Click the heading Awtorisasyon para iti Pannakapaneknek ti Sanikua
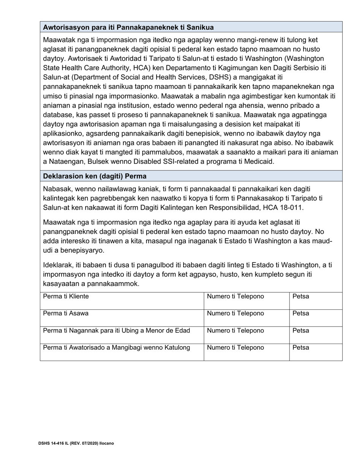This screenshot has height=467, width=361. click(128, 27)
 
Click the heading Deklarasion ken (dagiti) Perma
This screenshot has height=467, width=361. click(95, 176)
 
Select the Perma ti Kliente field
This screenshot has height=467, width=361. click(122, 301)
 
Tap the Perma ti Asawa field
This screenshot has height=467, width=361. click(122, 318)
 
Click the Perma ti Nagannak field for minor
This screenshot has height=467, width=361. click(122, 335)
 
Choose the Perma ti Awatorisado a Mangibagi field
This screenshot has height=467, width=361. click(122, 352)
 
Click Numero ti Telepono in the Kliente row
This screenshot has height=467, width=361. click(246, 301)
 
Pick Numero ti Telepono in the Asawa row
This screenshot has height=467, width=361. click(246, 318)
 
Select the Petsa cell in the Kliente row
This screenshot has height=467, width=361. click(315, 301)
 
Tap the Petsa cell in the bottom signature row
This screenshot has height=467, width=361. click(315, 352)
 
